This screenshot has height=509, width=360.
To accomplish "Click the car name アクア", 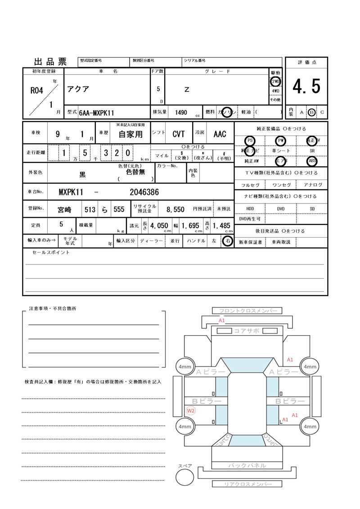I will [78, 89].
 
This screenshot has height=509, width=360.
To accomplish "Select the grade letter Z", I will [187, 90].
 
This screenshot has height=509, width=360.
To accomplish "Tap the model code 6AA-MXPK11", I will [96, 113].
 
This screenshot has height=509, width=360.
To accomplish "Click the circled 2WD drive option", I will [275, 82].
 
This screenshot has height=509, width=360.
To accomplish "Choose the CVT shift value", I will [179, 134].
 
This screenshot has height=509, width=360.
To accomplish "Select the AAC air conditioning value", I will [220, 134].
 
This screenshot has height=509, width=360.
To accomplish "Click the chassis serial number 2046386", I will [144, 192].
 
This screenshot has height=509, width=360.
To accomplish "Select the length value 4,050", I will [159, 225].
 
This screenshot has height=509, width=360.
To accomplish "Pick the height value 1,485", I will [221, 225].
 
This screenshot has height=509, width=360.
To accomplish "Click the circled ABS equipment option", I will [311, 161].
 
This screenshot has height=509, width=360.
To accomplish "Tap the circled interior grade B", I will [312, 112].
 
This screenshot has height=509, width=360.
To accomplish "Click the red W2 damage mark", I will [191, 410].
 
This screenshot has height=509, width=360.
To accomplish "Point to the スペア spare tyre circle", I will [184, 477].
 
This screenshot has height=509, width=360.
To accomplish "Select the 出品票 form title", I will [50, 62].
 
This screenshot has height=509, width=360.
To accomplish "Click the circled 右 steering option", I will [228, 241].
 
